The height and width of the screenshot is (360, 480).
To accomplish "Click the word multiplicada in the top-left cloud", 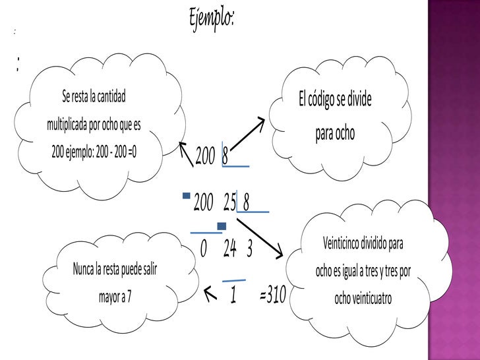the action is (72, 125).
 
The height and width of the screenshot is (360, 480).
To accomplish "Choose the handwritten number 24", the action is (229, 250).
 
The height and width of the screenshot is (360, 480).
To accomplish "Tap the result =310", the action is (273, 295).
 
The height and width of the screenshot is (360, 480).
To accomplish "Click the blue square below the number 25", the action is (222, 226).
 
